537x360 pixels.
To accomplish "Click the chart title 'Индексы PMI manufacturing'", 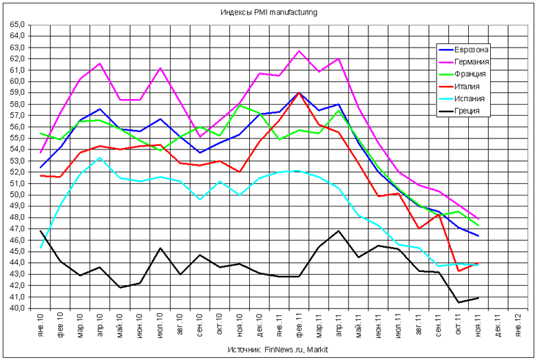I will pos(269,12).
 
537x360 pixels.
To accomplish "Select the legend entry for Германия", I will pos(472,62).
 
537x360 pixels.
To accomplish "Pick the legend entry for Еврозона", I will pos(472,50).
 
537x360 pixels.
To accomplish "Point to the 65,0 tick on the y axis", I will pos(17,25).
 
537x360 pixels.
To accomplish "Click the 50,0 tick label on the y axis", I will pos(17,195).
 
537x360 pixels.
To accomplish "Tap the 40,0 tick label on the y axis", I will pos(17,308).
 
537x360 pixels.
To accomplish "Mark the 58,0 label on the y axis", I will pos(17,104).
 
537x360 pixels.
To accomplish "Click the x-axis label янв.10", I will pos(41,325).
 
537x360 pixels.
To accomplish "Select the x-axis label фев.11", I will pos(299,325).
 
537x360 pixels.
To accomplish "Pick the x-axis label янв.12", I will pos(518,325).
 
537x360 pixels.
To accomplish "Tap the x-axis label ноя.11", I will pos(478,325).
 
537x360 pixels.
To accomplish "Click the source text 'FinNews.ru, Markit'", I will pos(297,350).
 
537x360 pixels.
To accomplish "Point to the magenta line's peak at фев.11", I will pos(299,51).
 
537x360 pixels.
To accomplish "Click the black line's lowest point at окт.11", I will pos(458,302).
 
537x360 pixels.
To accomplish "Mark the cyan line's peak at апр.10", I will pos(101,158).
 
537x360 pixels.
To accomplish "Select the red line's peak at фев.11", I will pos(299,92).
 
